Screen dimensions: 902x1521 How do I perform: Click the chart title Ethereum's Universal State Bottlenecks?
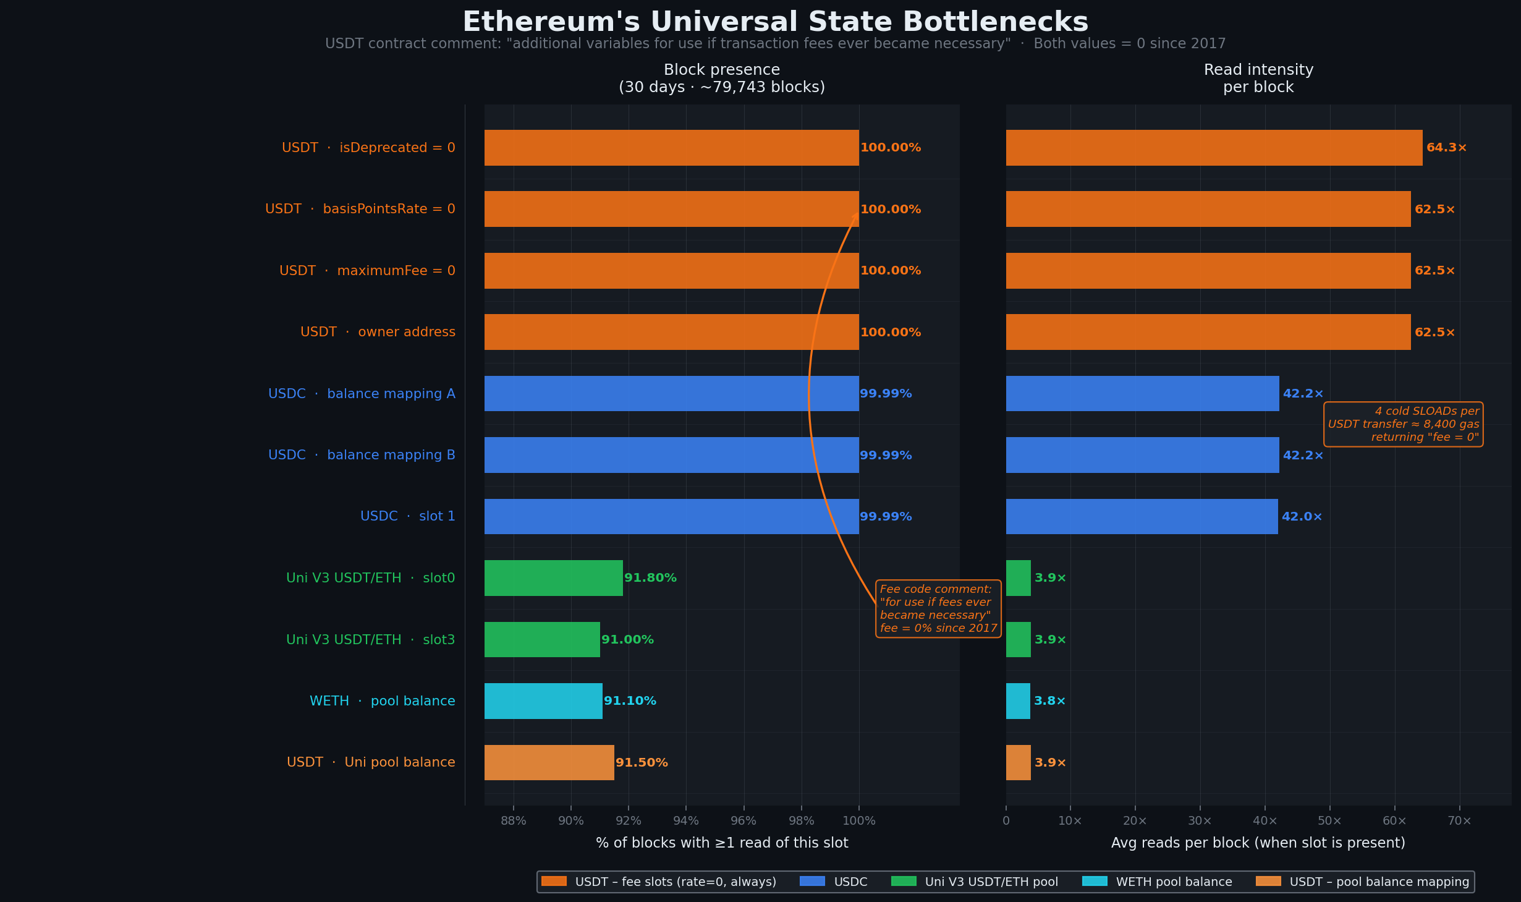(775, 22)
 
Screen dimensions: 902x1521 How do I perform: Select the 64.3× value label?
(1446, 148)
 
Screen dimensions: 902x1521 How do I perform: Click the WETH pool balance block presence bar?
(543, 700)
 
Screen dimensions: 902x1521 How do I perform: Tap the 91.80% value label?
(650, 578)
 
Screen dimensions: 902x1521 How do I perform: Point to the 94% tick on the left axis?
(686, 820)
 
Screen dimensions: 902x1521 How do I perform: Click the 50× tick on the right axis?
(1329, 820)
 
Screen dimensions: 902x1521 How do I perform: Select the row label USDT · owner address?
(377, 332)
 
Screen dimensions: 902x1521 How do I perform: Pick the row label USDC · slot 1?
(407, 516)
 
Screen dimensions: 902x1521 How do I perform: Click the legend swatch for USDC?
(811, 881)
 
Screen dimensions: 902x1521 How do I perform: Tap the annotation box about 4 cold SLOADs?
(1403, 424)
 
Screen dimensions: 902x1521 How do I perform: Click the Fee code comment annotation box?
(938, 608)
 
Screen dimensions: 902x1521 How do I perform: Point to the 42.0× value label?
(1302, 517)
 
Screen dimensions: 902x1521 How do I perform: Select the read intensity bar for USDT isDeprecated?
(1214, 148)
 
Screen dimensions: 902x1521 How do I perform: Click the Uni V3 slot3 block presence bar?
(542, 639)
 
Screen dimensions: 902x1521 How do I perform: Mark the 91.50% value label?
(642, 763)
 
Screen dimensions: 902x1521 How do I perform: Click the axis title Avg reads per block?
(1258, 843)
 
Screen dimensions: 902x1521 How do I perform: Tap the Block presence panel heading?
(721, 78)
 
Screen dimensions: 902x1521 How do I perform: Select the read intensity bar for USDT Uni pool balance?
(1018, 762)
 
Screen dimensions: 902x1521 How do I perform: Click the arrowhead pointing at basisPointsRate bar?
(856, 216)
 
